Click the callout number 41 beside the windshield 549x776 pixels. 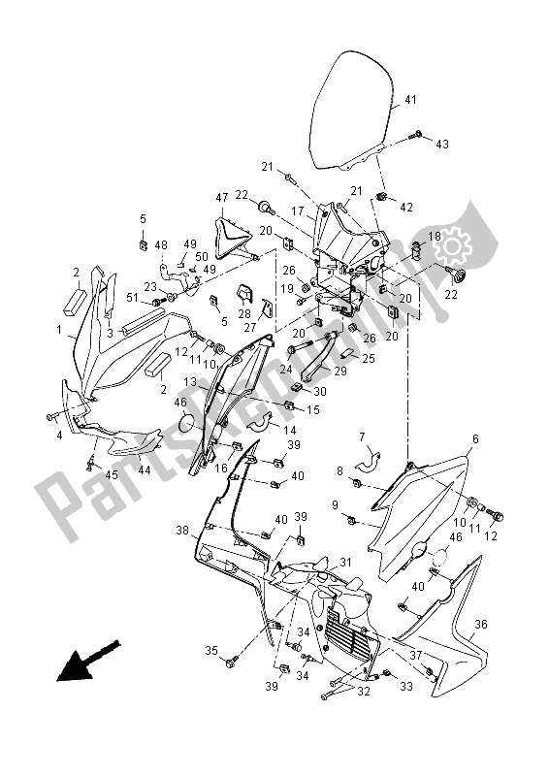[410, 100]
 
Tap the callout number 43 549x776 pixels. [442, 144]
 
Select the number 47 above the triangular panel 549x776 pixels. [222, 198]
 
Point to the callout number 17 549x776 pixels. [298, 211]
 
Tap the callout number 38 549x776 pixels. [182, 531]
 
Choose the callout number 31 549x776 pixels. [345, 563]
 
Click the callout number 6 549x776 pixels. [475, 439]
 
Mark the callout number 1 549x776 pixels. [59, 329]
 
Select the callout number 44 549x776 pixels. [145, 470]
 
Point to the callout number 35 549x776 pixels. [211, 651]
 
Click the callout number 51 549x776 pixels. [132, 298]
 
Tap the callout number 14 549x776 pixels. [290, 430]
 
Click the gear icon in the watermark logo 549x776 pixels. [451, 246]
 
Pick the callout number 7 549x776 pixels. [362, 437]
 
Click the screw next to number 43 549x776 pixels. [416, 134]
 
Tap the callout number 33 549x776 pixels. [406, 687]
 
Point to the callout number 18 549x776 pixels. [435, 237]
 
